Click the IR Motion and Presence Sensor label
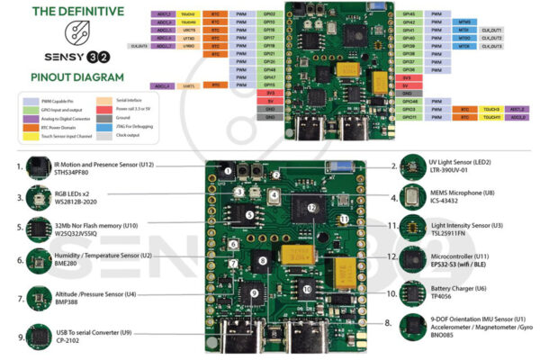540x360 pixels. point(107,165)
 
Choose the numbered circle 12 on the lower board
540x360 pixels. point(312,208)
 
